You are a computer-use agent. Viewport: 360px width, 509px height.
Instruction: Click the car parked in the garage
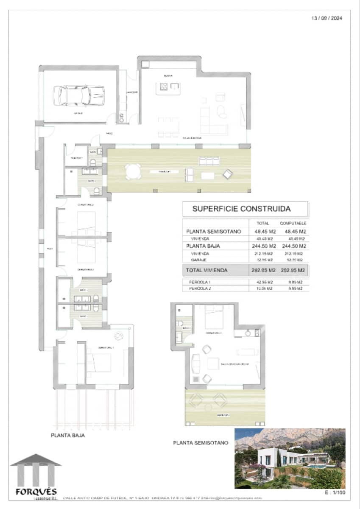click(x=78, y=95)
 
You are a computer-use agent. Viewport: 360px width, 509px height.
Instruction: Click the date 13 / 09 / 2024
click(x=327, y=18)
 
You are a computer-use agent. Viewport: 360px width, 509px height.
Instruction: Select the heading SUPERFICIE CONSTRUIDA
click(x=241, y=209)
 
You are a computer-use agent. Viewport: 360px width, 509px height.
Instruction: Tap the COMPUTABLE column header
click(x=293, y=223)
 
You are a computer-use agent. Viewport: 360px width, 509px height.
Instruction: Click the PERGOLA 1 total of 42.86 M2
click(x=263, y=282)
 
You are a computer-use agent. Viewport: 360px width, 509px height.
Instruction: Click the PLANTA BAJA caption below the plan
click(x=67, y=435)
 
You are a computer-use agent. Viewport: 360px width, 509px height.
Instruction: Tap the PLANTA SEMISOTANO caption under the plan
click(x=201, y=443)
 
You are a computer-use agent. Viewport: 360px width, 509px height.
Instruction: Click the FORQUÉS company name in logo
click(x=36, y=492)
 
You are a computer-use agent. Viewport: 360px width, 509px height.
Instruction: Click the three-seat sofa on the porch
click(x=209, y=160)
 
